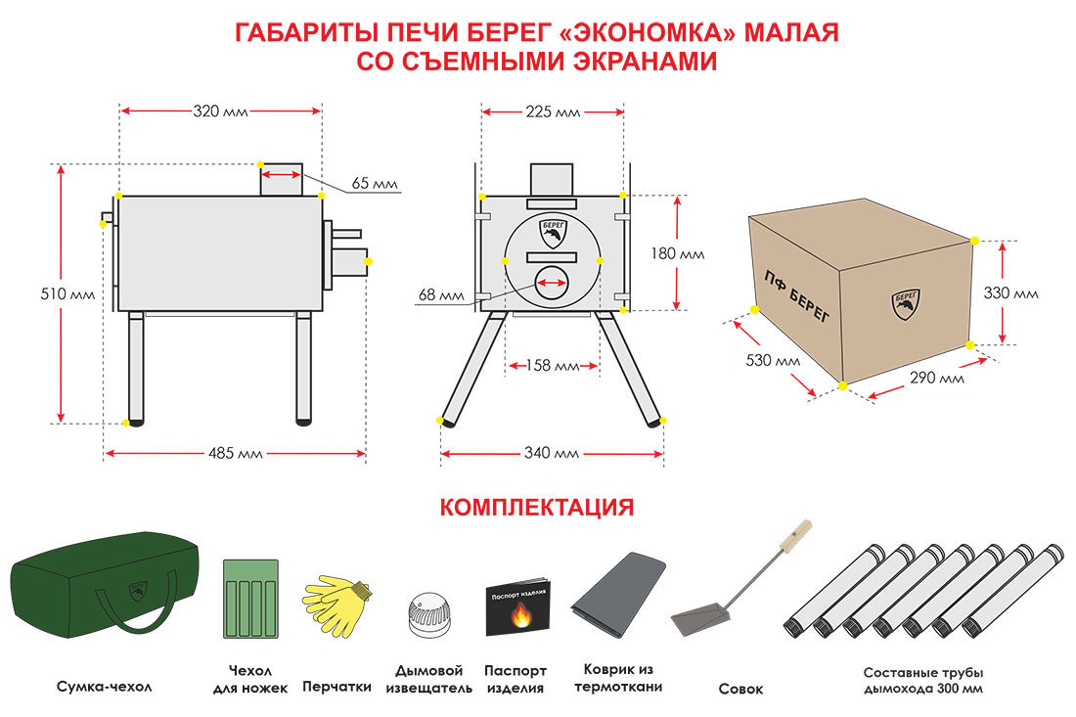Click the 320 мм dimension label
coord(220,112)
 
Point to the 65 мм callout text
coord(375,183)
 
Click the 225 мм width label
coord(553,112)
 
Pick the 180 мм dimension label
coord(677,254)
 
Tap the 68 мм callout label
coord(441,295)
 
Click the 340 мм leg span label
coord(551,453)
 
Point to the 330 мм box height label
coord(1010,293)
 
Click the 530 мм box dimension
coord(773,360)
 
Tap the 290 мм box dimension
coord(937,378)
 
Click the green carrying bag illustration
coord(105,583)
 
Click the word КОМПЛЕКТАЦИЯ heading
coord(537,507)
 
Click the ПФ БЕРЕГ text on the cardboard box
coord(796,295)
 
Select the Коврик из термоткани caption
coord(618,678)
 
